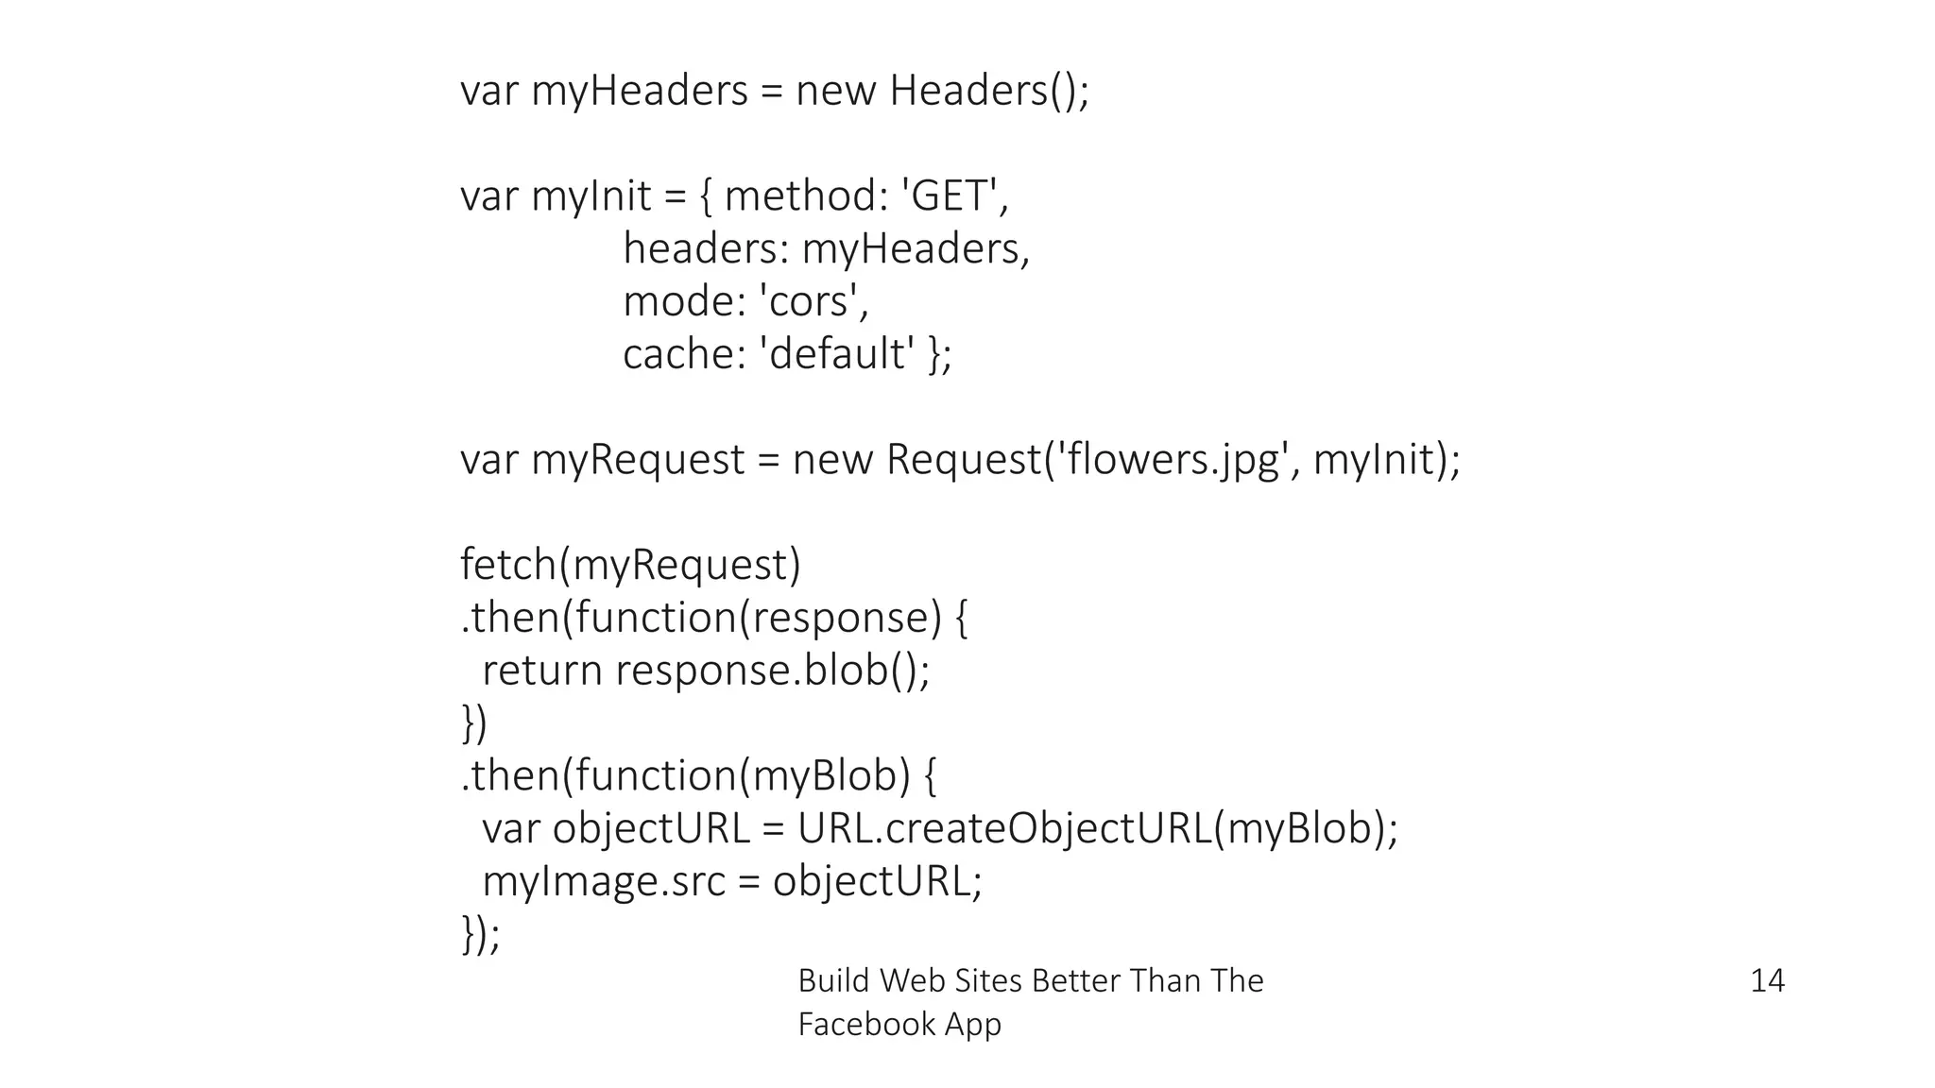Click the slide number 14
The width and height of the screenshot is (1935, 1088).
[1766, 980]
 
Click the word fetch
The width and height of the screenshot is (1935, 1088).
[507, 565]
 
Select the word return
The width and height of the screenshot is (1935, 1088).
[541, 671]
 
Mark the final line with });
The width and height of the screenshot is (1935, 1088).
[480, 934]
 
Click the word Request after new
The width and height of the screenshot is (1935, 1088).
[962, 460]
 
